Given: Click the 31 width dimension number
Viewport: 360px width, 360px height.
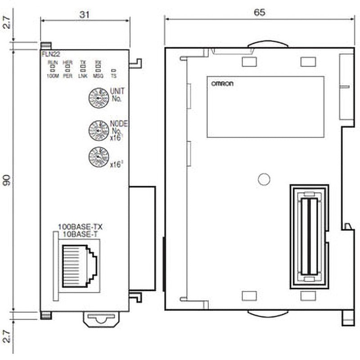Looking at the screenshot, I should pos(84,14).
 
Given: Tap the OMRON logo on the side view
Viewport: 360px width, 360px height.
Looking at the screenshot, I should pos(221,84).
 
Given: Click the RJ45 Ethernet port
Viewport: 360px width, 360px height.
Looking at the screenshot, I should pos(78,264).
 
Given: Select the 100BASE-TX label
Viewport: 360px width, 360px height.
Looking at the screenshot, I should pos(77,227).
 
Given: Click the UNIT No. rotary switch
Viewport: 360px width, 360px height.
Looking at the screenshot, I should pos(97,97).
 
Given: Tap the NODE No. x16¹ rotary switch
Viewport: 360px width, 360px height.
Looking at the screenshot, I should pos(97,129).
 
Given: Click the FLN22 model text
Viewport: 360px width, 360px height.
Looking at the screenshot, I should pos(48,53).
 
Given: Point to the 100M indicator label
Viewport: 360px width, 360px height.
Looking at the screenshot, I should pos(53,76).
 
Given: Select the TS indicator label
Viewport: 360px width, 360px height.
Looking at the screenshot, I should pos(113,76).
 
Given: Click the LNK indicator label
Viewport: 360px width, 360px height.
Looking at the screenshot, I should pos(82,76).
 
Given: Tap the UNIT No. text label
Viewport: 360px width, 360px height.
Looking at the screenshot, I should pos(116,94).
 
